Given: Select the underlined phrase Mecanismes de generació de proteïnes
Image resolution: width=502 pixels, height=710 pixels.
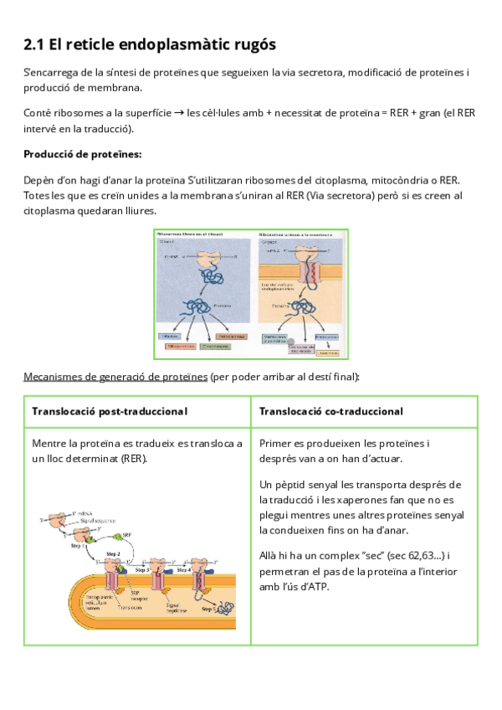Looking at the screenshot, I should point(115,376).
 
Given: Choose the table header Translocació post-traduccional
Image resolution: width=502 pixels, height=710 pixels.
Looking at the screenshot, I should point(109,411).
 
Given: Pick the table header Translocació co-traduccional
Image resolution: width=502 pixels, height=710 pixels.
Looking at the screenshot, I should point(331,411).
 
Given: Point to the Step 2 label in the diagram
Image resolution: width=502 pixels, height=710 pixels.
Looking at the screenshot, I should point(113,553).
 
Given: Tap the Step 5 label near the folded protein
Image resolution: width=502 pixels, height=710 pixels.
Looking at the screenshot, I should point(209,610).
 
